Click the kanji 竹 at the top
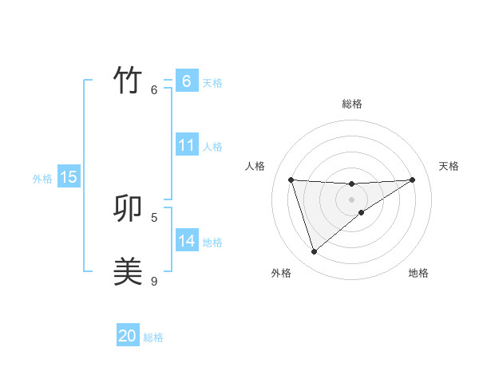pyautogui.click(x=128, y=81)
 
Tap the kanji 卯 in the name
pyautogui.click(x=128, y=208)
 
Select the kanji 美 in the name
pyautogui.click(x=128, y=272)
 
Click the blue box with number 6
pyautogui.click(x=186, y=81)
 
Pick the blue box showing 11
pyautogui.click(x=186, y=145)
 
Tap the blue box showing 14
pyautogui.click(x=186, y=241)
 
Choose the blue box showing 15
pyautogui.click(x=69, y=177)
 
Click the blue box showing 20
pyautogui.click(x=128, y=336)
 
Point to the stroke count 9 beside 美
pyautogui.click(x=154, y=281)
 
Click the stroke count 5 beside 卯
pyautogui.click(x=154, y=217)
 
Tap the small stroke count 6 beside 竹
pyautogui.click(x=154, y=89)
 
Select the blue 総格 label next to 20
pyautogui.click(x=153, y=337)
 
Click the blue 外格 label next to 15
pyautogui.click(x=42, y=179)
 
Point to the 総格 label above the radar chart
pyautogui.click(x=352, y=104)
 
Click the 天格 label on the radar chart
pyautogui.click(x=449, y=166)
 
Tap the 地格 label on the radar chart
pyautogui.click(x=418, y=273)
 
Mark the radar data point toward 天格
pyautogui.click(x=412, y=180)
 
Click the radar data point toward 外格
pyautogui.click(x=315, y=252)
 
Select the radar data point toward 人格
pyautogui.click(x=291, y=180)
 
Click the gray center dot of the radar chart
pyautogui.click(x=351, y=199)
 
